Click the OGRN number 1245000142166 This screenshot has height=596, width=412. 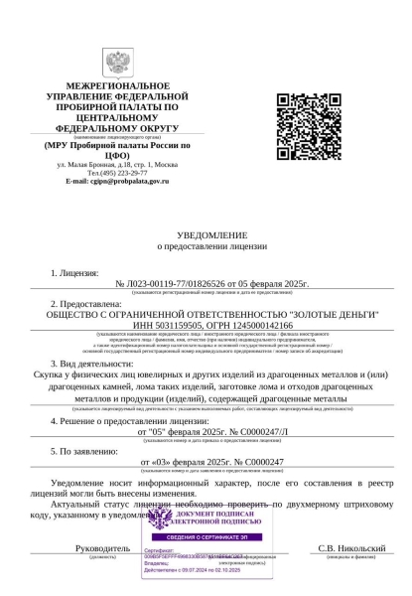pyautogui.click(x=260, y=324)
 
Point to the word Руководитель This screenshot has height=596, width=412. pyautogui.click(x=103, y=547)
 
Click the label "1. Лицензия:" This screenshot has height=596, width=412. pyautogui.click(x=74, y=271)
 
